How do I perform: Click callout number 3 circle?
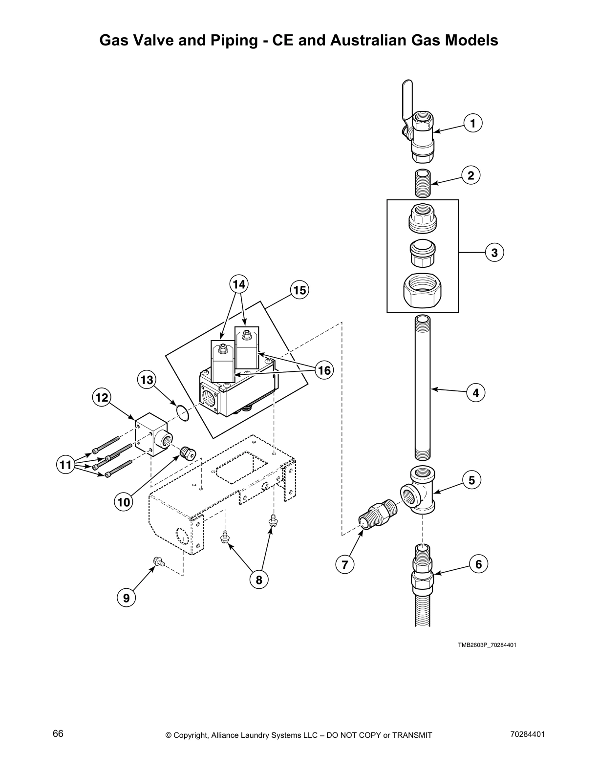click(494, 253)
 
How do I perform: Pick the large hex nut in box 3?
click(423, 290)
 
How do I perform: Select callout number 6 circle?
click(478, 564)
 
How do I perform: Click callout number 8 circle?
click(259, 580)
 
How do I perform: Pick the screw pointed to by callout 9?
click(158, 563)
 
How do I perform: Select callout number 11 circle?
click(65, 465)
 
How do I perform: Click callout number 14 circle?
click(238, 284)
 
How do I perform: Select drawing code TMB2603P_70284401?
click(487, 645)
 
